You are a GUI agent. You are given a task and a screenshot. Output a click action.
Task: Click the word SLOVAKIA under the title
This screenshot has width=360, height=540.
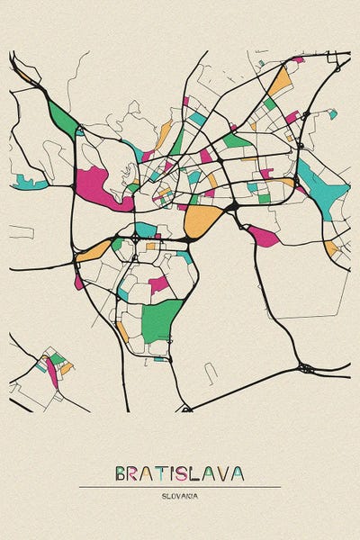pyautogui.click(x=180, y=495)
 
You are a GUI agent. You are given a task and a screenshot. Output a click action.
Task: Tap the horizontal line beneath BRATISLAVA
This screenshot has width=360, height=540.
pyautogui.click(x=180, y=487)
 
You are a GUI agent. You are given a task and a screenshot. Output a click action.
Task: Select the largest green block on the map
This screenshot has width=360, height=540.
pyautogui.click(x=161, y=319)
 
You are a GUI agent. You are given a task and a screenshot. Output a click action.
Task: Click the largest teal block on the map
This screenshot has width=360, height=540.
pyautogui.click(x=323, y=191)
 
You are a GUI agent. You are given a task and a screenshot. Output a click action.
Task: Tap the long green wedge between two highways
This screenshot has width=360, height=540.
pyautogui.click(x=62, y=119)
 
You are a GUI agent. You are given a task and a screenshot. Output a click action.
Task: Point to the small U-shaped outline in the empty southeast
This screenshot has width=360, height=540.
pyautogui.click(x=211, y=372)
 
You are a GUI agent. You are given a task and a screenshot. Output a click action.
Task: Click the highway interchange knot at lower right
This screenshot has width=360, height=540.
pyautogui.click(x=306, y=367)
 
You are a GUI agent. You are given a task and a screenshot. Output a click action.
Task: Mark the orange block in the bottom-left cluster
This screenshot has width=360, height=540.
pyautogui.click(x=67, y=368)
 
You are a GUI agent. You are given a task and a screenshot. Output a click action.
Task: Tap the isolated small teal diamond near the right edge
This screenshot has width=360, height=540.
pyautogui.click(x=333, y=114)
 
